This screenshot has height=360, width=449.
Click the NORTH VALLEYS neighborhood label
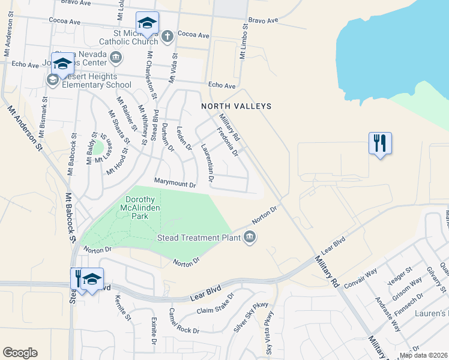point(236,106)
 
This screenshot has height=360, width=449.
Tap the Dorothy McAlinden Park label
point(140,208)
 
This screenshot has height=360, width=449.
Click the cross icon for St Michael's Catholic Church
point(167,37)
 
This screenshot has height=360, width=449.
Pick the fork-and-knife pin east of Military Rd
point(380,143)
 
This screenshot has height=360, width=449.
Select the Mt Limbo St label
point(244,41)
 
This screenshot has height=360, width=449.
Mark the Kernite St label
point(123,307)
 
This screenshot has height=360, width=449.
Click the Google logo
point(20,353)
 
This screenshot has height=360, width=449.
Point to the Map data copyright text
point(423,355)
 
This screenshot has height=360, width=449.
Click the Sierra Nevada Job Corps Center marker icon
point(116,58)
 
